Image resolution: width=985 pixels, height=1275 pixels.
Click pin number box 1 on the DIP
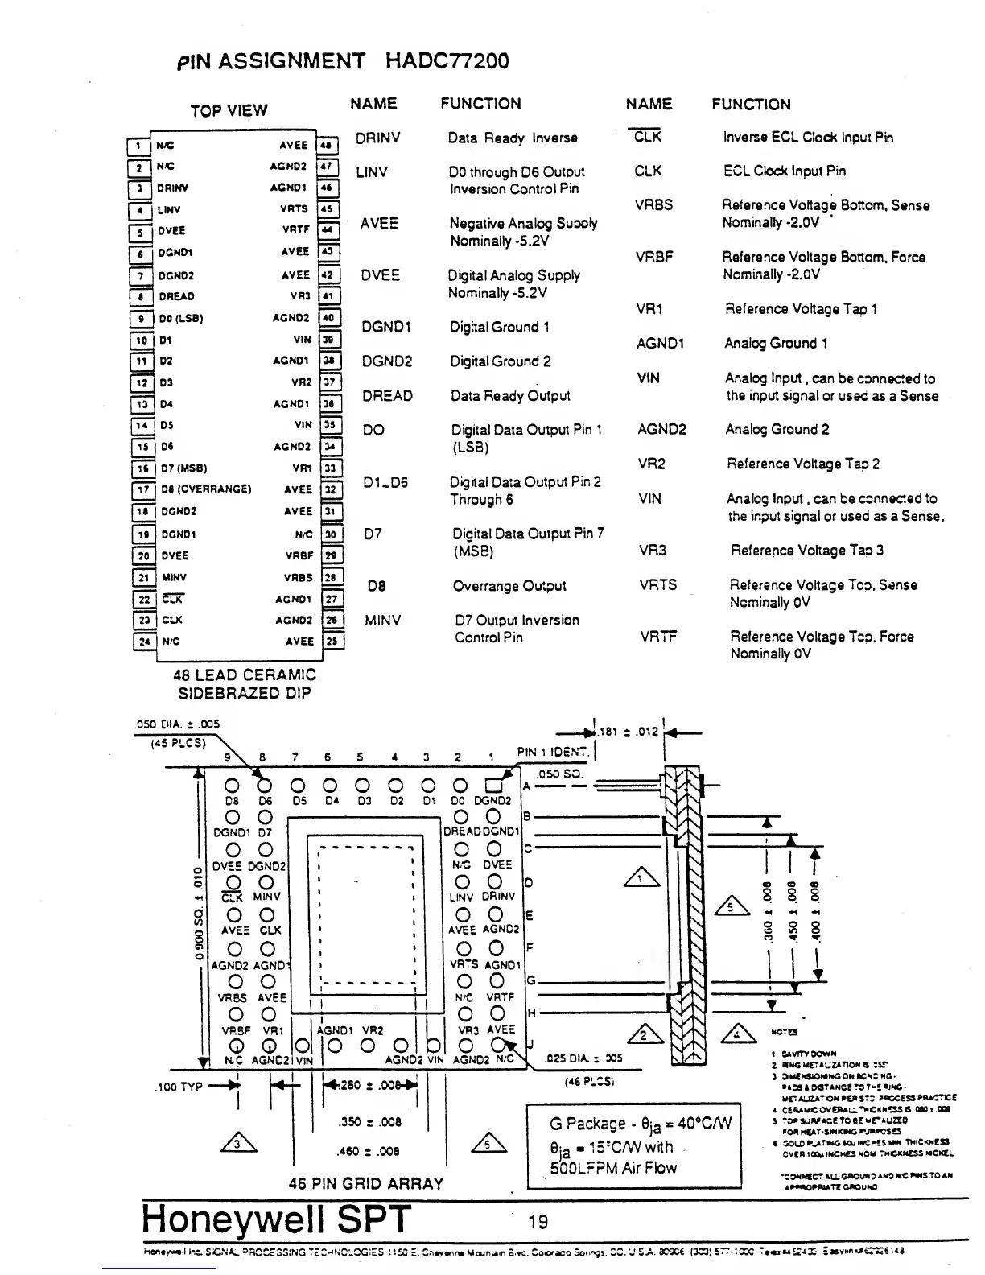(x=138, y=146)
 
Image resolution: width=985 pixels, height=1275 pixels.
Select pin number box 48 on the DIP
(x=327, y=146)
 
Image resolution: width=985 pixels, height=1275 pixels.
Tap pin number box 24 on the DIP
(x=143, y=642)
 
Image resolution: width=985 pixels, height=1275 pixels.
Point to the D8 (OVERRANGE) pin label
(x=206, y=489)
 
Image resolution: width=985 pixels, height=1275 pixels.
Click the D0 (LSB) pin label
(x=181, y=318)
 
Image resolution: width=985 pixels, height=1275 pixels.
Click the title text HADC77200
(x=447, y=61)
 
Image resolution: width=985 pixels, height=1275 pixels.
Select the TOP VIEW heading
(x=229, y=111)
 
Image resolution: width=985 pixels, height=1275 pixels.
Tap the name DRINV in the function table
(x=377, y=138)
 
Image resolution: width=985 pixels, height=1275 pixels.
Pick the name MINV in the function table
(x=382, y=621)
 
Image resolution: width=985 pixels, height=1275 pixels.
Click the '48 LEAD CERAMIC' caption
(x=245, y=675)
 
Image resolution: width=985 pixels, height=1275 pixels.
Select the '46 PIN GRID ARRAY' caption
(x=366, y=1184)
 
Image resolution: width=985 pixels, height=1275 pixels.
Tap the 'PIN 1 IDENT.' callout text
(x=553, y=752)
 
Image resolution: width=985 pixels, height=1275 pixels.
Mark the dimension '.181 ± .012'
(x=628, y=732)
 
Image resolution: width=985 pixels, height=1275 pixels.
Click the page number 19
(x=538, y=1222)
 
